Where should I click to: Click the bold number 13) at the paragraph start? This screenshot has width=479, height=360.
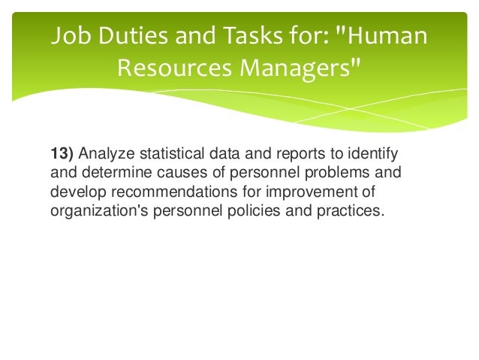point(62,155)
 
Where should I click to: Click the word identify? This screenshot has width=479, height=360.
point(375,155)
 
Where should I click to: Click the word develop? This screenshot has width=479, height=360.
point(77,192)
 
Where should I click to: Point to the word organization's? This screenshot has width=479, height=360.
point(100,211)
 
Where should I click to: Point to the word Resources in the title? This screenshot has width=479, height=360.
point(176,69)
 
